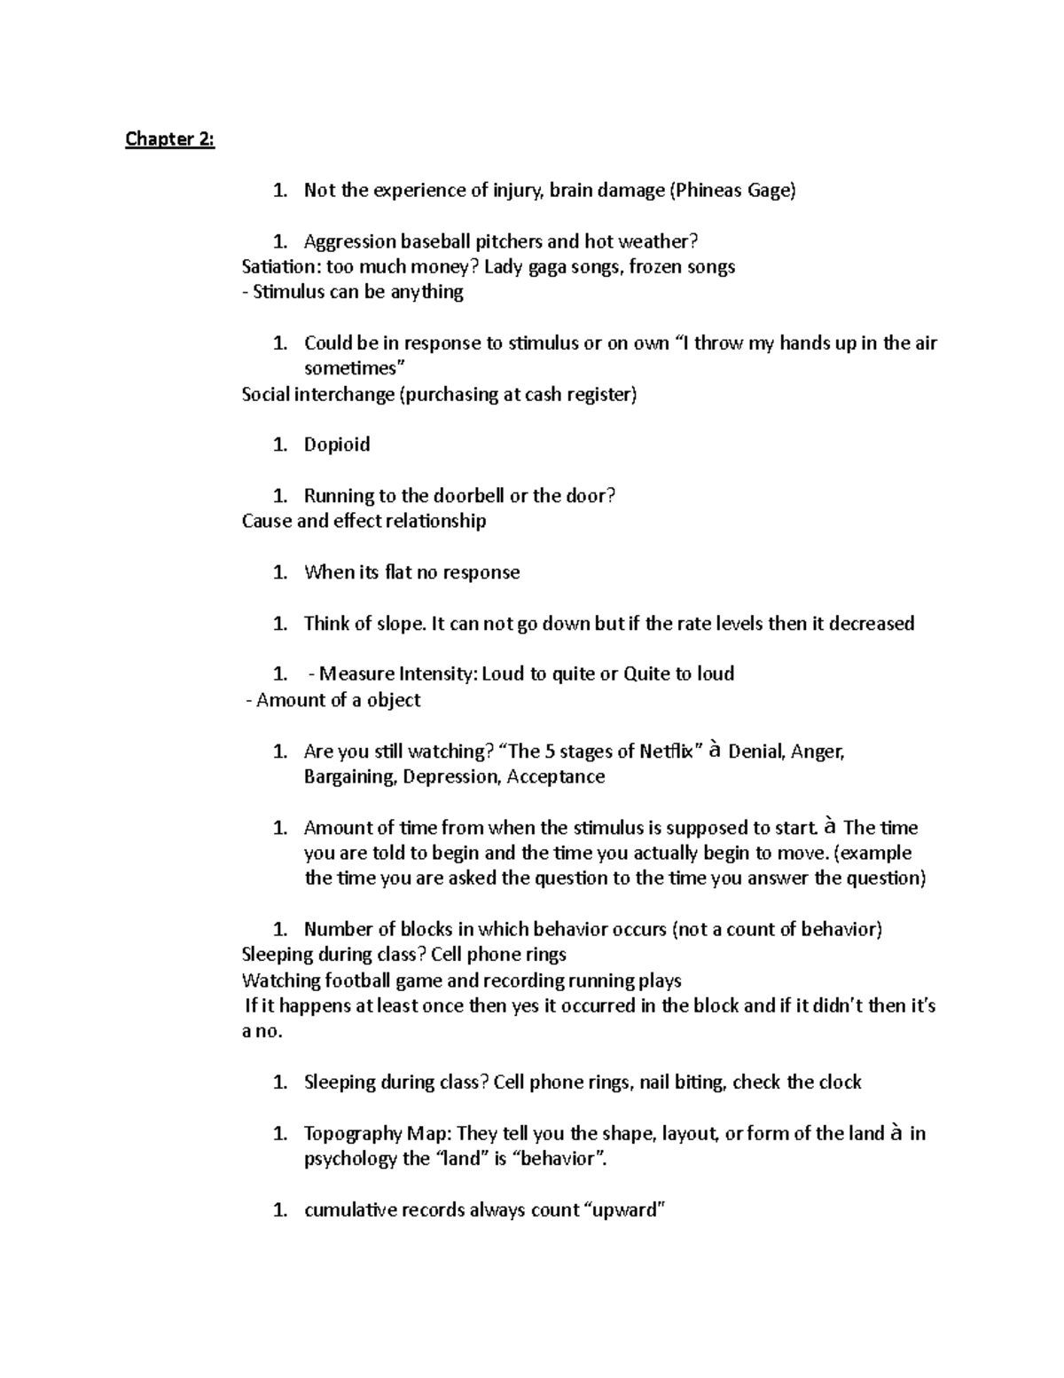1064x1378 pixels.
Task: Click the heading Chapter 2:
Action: coord(169,139)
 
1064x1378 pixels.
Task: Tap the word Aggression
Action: coord(349,241)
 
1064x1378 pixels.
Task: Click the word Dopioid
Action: coord(337,445)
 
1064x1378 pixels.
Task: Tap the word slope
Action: coord(398,623)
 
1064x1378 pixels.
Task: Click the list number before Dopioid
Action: coord(280,445)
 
